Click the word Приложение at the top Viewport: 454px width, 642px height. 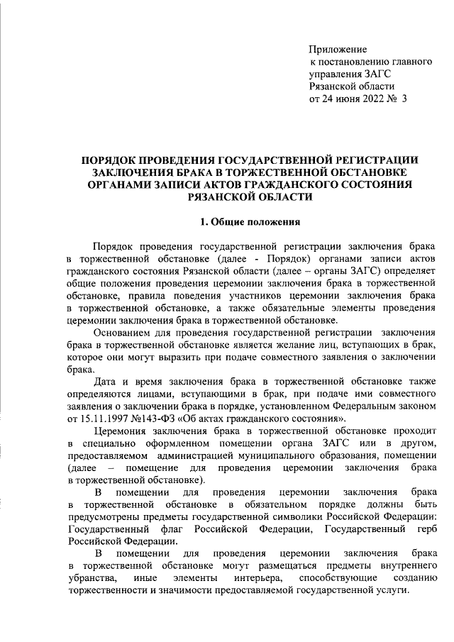point(338,49)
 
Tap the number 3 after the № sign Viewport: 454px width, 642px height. point(404,99)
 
